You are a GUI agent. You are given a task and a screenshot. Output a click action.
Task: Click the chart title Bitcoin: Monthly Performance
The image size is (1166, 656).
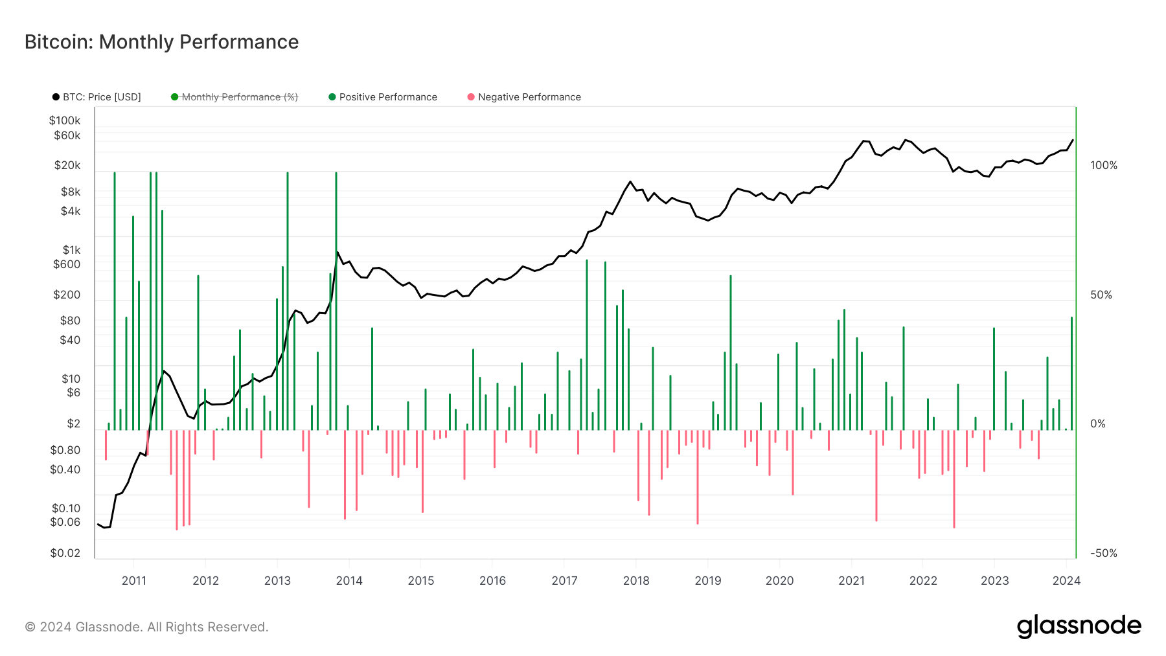[161, 42]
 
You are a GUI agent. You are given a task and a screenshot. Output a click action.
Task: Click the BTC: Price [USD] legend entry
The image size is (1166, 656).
[101, 97]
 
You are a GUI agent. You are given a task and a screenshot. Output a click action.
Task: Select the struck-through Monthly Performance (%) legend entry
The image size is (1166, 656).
[239, 97]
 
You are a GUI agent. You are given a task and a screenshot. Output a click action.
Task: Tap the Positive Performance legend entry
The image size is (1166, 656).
[387, 97]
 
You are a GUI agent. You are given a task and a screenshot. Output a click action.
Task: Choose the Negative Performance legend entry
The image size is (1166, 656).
[529, 97]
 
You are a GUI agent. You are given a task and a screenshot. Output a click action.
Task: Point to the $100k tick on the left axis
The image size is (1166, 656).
[65, 120]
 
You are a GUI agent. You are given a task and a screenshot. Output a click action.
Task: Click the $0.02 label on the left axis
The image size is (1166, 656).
[65, 553]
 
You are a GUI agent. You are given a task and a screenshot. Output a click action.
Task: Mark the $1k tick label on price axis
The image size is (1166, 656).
[71, 250]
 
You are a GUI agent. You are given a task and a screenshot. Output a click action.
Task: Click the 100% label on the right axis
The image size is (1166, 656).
[1104, 166]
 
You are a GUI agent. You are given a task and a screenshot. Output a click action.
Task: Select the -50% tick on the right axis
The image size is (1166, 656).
[1104, 553]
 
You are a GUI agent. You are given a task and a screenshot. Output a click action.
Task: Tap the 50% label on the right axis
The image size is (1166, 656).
[1101, 295]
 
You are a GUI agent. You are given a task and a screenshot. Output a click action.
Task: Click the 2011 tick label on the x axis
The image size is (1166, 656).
[134, 581]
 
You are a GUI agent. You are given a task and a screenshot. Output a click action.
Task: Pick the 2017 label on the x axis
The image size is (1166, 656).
[564, 581]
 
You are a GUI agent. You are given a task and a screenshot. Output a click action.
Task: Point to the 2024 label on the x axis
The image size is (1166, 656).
[1066, 581]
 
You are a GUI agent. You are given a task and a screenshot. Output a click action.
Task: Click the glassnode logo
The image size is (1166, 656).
[1079, 626]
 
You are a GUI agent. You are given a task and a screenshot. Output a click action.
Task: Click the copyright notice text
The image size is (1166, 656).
[146, 627]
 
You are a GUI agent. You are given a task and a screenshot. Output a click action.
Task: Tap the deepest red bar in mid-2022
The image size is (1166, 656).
[954, 479]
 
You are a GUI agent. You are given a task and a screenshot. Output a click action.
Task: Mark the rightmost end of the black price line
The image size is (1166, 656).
[1073, 140]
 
